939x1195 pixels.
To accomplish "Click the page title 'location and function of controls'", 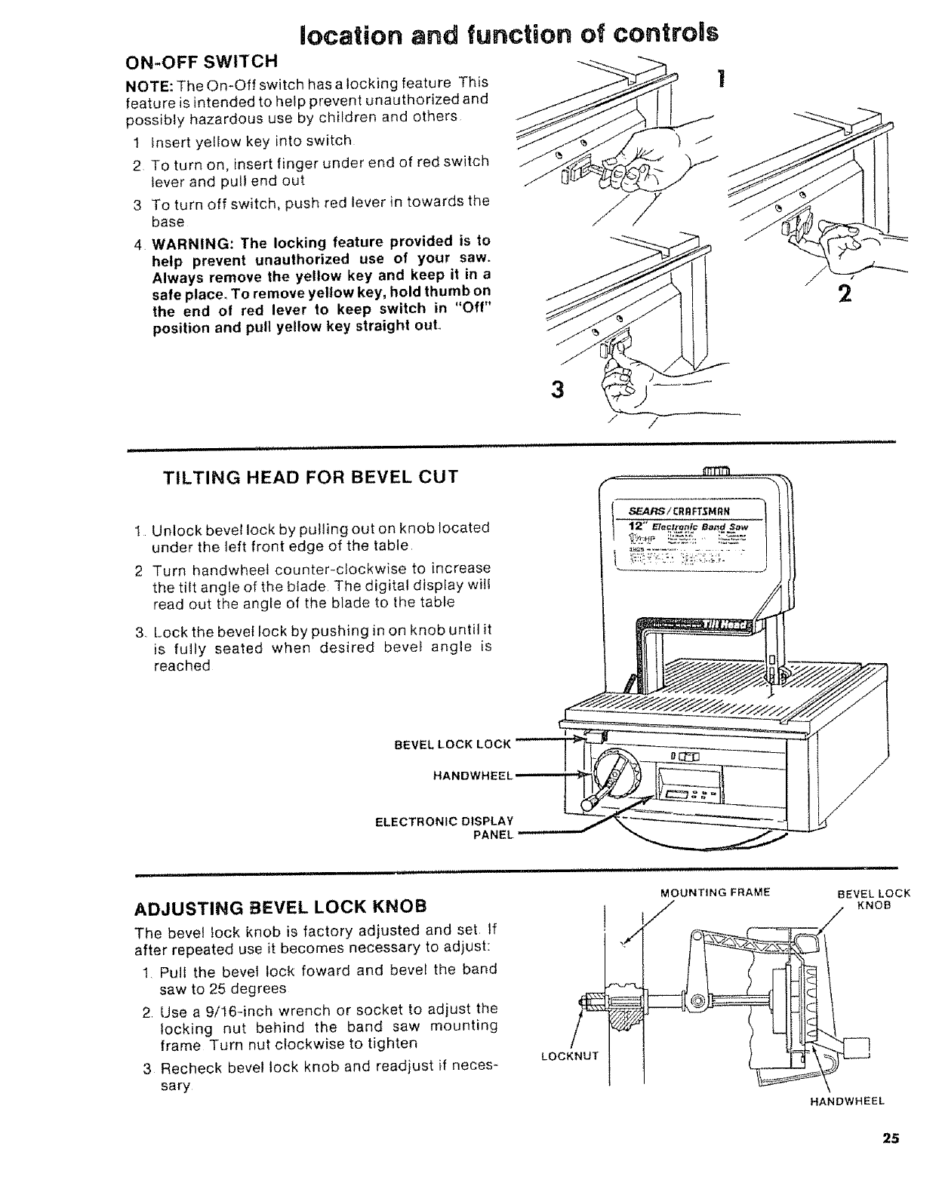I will (507, 33).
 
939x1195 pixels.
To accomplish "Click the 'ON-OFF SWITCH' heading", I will (202, 60).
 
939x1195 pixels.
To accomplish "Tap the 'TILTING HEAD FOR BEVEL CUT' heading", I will (310, 478).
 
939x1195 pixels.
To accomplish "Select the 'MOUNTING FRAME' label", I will (714, 892).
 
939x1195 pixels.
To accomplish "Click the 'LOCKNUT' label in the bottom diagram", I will (570, 1055).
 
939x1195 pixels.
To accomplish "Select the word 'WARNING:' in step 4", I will (184, 241).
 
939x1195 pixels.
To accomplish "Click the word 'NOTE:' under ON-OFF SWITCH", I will (141, 82).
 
